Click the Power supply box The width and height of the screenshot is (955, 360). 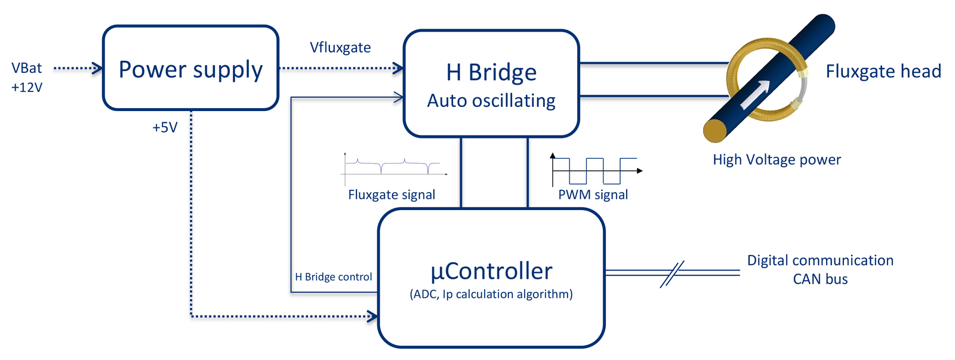(190, 68)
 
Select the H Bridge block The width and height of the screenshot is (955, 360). (491, 84)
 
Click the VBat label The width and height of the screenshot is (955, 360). (26, 68)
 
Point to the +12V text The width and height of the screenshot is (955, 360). (27, 87)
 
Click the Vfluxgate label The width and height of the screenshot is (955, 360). (340, 47)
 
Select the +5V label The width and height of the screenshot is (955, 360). (165, 127)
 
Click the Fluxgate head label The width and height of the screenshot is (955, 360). (883, 71)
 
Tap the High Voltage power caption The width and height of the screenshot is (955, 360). (777, 159)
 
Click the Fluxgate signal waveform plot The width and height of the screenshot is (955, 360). (393, 169)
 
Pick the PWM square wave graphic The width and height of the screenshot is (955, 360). (596, 170)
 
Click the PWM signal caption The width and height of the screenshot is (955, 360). (593, 195)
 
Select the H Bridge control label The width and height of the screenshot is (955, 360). (334, 277)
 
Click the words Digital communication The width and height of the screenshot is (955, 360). (820, 260)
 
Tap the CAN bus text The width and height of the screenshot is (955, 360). (820, 279)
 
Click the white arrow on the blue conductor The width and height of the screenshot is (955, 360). (756, 94)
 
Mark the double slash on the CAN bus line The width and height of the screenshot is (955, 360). (672, 274)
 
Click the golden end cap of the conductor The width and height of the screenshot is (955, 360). (716, 131)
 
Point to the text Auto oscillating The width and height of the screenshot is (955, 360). (491, 101)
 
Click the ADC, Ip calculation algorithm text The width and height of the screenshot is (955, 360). (491, 294)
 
